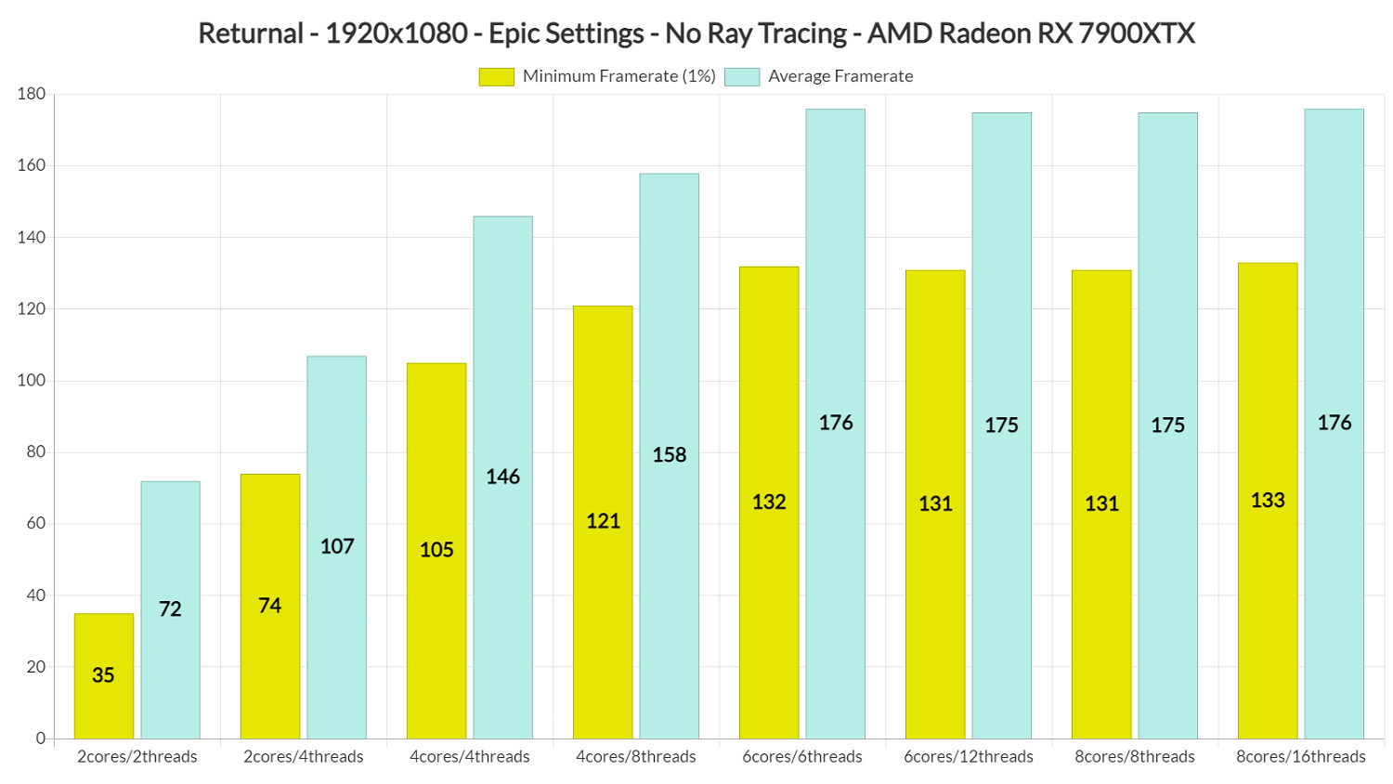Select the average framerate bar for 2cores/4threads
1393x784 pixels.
pyautogui.click(x=337, y=547)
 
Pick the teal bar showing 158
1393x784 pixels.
pyautogui.click(x=669, y=455)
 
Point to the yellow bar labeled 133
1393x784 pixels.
pyautogui.click(x=1268, y=501)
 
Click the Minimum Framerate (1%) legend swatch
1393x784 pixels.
pyautogui.click(x=496, y=77)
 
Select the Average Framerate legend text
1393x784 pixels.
pyautogui.click(x=840, y=77)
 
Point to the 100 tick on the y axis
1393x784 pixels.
pyautogui.click(x=32, y=381)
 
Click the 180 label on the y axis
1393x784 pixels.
pyautogui.click(x=32, y=94)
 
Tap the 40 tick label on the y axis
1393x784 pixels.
pyautogui.click(x=35, y=595)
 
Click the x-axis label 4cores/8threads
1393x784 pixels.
pyautogui.click(x=636, y=757)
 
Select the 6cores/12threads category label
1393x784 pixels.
pyautogui.click(x=969, y=757)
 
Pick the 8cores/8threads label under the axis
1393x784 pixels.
pyautogui.click(x=1135, y=757)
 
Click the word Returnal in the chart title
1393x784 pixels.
pyautogui.click(x=251, y=33)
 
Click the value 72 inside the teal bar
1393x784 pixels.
pyautogui.click(x=170, y=609)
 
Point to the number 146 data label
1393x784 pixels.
pyautogui.click(x=502, y=477)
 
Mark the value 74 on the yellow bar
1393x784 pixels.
pyautogui.click(x=269, y=606)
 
